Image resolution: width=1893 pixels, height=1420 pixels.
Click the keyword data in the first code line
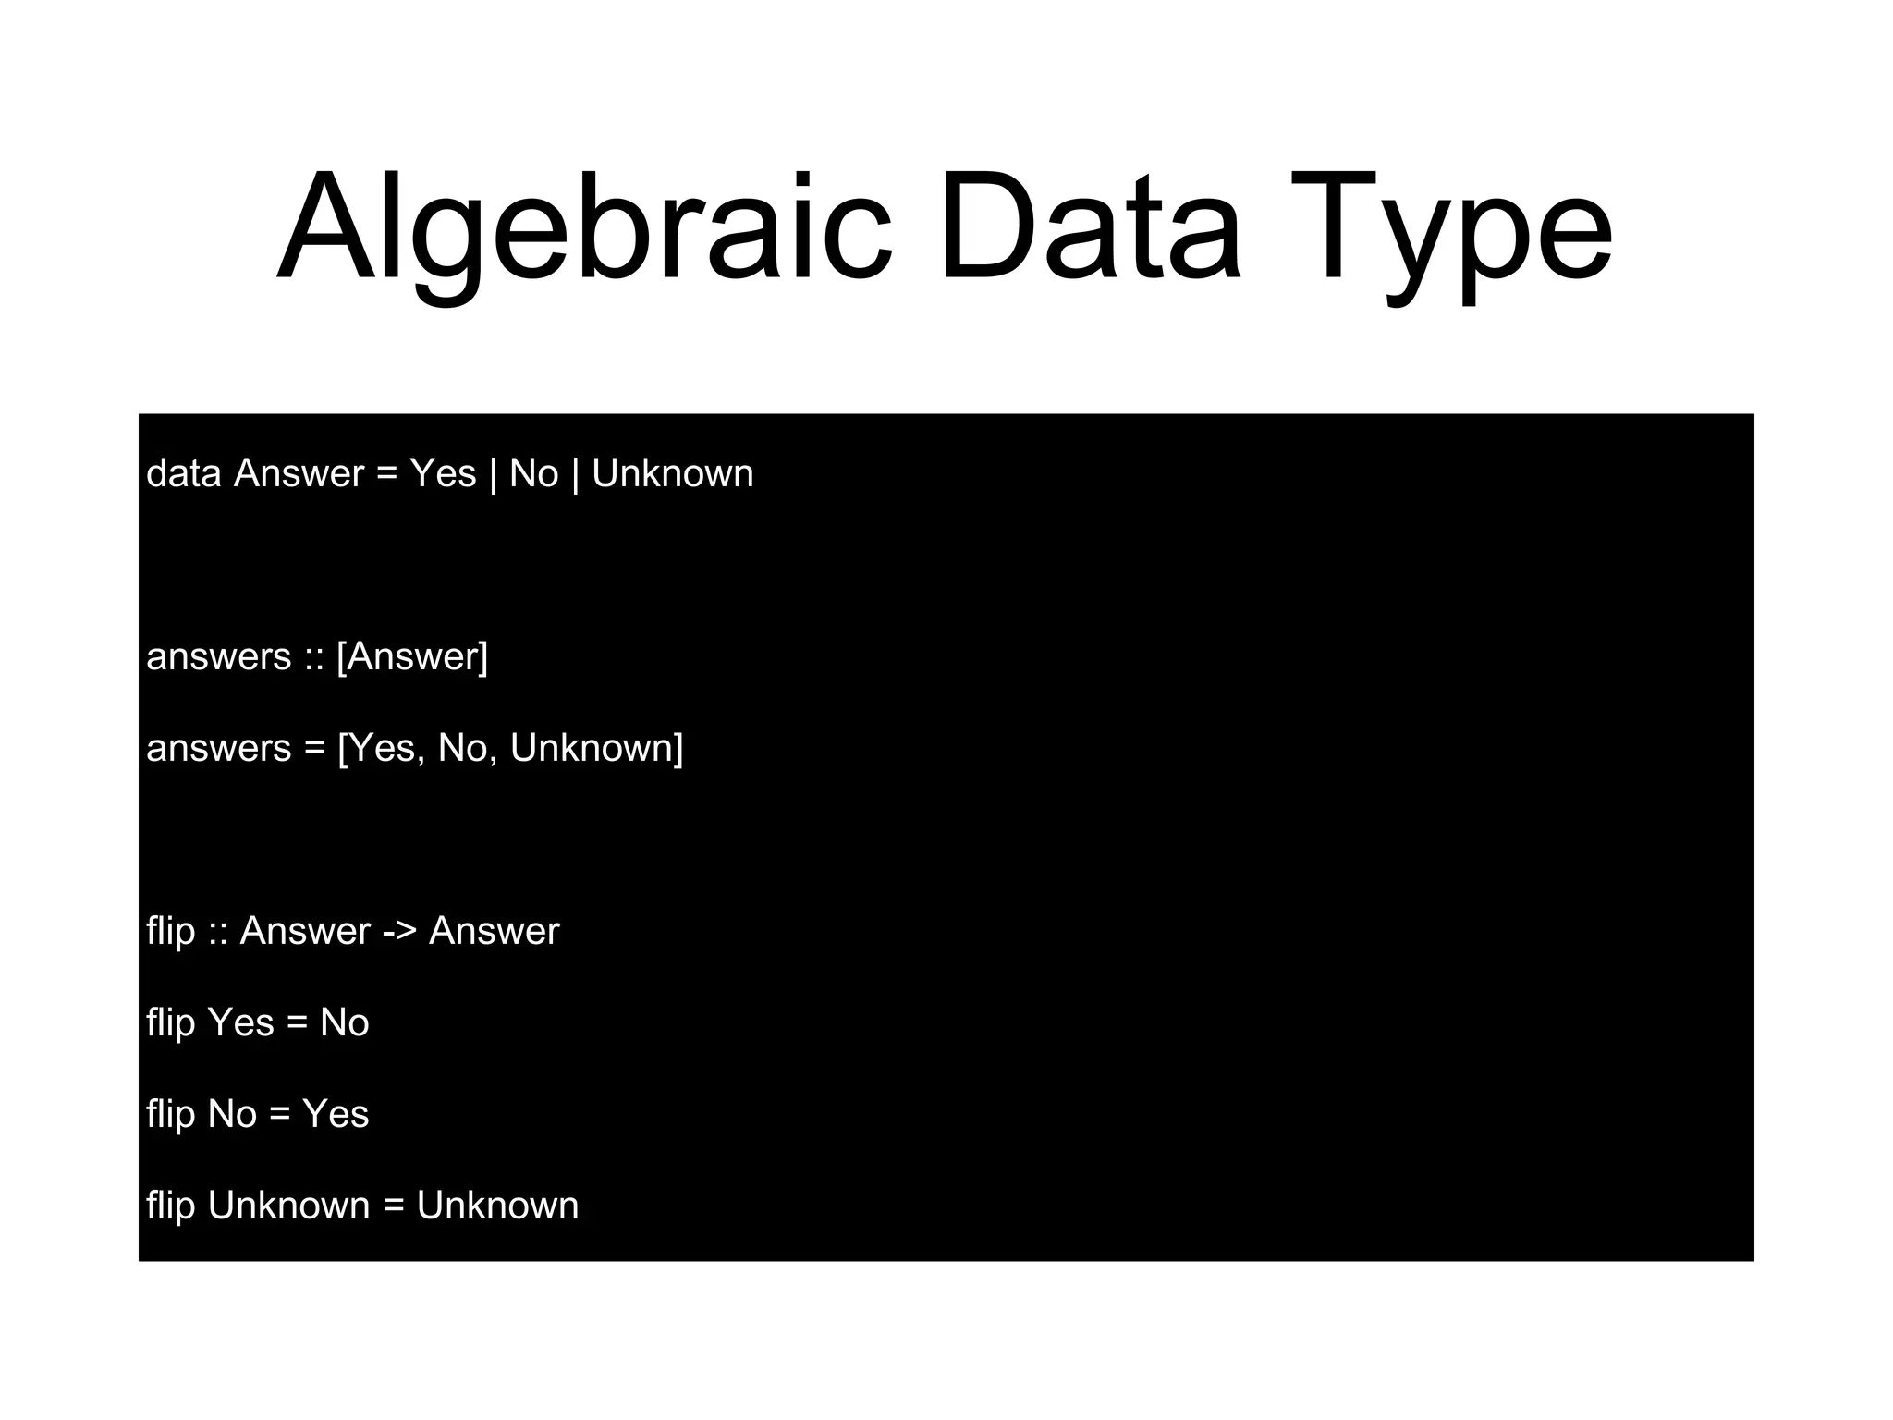(x=183, y=473)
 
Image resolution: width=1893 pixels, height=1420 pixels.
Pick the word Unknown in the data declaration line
(x=672, y=473)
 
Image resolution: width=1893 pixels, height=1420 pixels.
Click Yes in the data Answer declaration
(x=443, y=473)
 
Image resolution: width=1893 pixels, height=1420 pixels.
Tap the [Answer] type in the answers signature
(x=412, y=656)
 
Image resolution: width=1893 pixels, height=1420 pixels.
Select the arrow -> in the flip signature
(x=399, y=931)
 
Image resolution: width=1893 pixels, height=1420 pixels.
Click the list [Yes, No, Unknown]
(x=510, y=748)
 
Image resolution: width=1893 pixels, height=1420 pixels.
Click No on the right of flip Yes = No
(x=344, y=1022)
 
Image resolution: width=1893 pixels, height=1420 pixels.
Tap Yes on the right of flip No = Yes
(x=336, y=1114)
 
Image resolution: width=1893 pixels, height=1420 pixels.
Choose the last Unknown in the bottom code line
(x=497, y=1206)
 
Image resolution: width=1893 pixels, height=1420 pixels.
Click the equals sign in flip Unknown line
(x=393, y=1206)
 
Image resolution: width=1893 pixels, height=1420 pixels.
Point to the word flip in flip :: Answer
(x=170, y=931)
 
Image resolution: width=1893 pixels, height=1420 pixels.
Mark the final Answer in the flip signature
(x=494, y=931)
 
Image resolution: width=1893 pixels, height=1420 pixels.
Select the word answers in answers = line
(x=218, y=748)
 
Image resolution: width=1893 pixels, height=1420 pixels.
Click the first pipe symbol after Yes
(x=493, y=473)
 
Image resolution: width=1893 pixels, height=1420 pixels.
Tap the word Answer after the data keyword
(x=299, y=473)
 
